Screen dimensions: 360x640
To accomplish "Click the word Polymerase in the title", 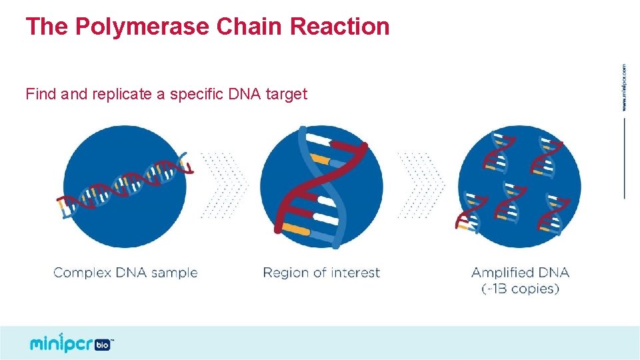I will (143, 27).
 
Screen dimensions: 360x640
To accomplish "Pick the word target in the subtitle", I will (287, 94).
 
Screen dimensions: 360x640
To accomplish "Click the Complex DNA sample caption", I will (125, 273).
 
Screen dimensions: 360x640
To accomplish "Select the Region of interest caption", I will (321, 273).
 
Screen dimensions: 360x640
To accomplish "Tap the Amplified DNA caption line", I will (520, 273).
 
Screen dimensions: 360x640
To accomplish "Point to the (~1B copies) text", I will (520, 289).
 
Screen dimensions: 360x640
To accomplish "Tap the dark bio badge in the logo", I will (103, 345).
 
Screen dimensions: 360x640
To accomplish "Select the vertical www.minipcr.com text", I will (623, 87).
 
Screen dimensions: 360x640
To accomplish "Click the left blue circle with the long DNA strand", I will (125, 186).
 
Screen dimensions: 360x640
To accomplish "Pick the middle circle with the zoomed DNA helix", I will (321, 186).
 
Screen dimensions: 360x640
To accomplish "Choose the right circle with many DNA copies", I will (519, 186).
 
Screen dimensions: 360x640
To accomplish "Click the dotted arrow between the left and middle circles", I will (224, 185).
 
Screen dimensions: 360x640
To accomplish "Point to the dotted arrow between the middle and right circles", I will (421, 185).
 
